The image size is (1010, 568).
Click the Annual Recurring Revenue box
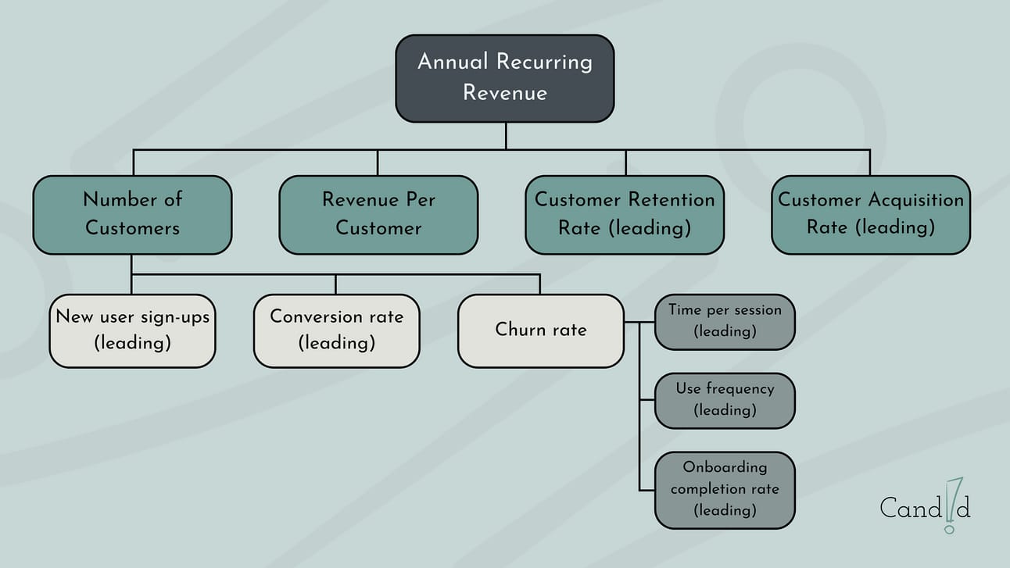pyautogui.click(x=504, y=78)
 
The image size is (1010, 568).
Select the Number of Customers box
pyautogui.click(x=132, y=215)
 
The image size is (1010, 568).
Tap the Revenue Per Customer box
pyautogui.click(x=378, y=215)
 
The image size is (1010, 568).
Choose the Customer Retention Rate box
pyautogui.click(x=625, y=215)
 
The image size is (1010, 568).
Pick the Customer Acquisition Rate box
pyautogui.click(x=870, y=215)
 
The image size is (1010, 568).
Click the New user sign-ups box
pyautogui.click(x=132, y=330)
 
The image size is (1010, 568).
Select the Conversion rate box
pyautogui.click(x=336, y=330)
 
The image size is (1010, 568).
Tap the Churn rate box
pyautogui.click(x=540, y=330)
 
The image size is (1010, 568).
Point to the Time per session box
pyautogui.click(x=725, y=321)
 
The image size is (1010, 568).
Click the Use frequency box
pyautogui.click(x=725, y=400)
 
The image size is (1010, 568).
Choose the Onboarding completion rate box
pyautogui.click(x=725, y=489)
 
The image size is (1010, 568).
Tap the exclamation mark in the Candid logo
pyautogui.click(x=951, y=505)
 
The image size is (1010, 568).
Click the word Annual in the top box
pyautogui.click(x=453, y=62)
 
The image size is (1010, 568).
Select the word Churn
pyautogui.click(x=518, y=330)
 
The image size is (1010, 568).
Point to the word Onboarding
pyautogui.click(x=725, y=467)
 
